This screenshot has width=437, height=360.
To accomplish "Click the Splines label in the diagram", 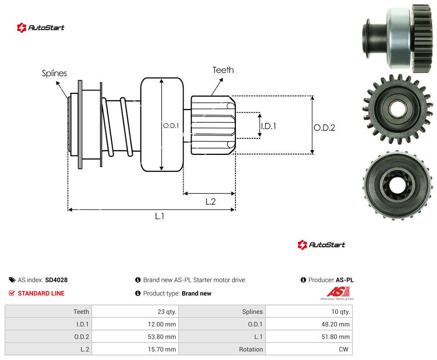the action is pyautogui.click(x=54, y=73).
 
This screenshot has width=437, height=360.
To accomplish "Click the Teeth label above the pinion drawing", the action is pyautogui.click(x=223, y=70).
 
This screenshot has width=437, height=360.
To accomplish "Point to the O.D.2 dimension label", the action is pyautogui.click(x=325, y=128).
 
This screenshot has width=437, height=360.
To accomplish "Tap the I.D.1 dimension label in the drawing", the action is pyautogui.click(x=269, y=126).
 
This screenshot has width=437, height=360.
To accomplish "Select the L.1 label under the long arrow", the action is pyautogui.click(x=160, y=216).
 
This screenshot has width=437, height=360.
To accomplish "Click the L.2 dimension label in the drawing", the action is pyautogui.click(x=210, y=201).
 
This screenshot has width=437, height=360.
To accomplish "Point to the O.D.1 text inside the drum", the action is pyautogui.click(x=171, y=126).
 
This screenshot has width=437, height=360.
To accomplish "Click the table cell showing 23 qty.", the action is pyautogui.click(x=167, y=312).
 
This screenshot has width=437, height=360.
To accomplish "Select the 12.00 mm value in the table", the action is pyautogui.click(x=162, y=324).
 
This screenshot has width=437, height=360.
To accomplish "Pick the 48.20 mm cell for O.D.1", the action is pyautogui.click(x=335, y=324).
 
